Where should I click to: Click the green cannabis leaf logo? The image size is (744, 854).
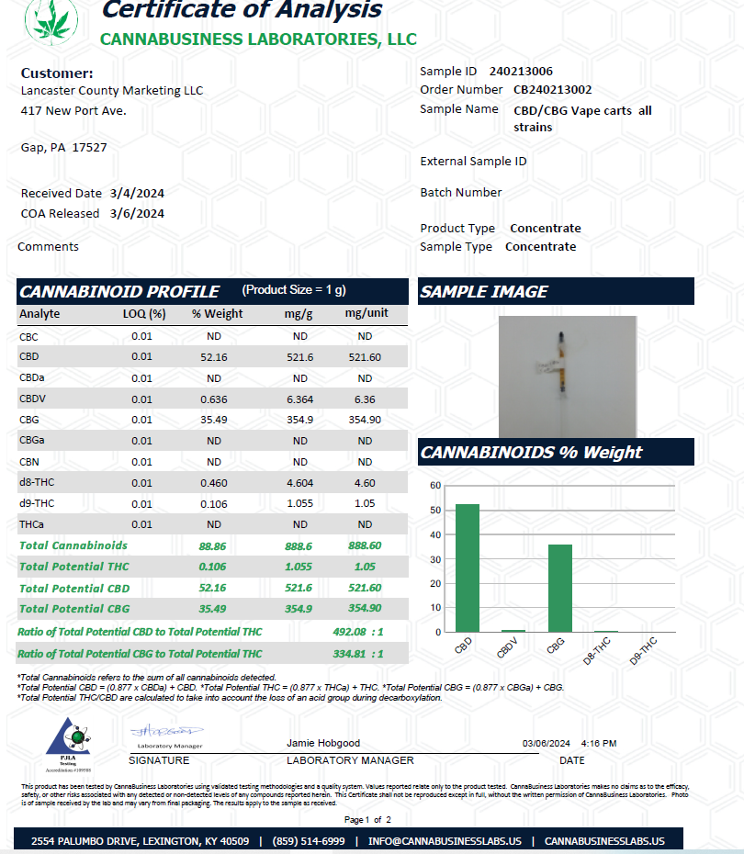click(x=51, y=19)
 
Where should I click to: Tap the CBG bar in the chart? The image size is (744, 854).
click(x=559, y=588)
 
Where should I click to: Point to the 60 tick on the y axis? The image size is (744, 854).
click(x=435, y=485)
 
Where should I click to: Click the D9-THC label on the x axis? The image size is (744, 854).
click(x=644, y=651)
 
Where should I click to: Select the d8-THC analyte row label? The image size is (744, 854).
click(x=37, y=483)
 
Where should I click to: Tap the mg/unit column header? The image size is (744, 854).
click(x=366, y=313)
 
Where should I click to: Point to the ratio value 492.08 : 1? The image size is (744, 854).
click(x=357, y=632)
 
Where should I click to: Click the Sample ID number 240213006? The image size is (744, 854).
click(x=521, y=71)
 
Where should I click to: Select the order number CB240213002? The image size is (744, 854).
click(x=552, y=89)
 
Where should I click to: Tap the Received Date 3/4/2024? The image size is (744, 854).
click(x=137, y=193)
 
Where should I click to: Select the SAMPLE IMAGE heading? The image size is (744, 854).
click(x=483, y=292)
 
